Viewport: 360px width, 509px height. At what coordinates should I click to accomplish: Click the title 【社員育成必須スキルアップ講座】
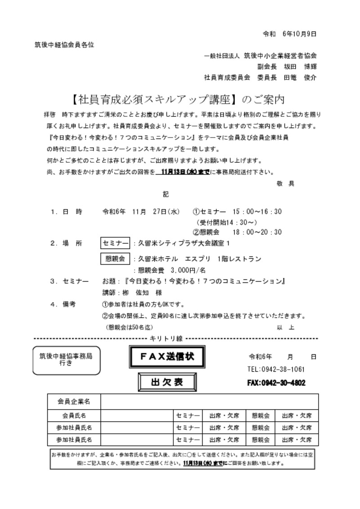155,99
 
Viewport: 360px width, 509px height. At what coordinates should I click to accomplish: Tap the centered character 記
166,195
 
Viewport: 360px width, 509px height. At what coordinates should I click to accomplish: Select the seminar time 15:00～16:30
257,211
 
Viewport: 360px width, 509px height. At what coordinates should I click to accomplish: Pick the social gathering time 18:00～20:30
257,232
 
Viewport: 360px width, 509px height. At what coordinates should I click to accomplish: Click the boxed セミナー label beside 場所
115,243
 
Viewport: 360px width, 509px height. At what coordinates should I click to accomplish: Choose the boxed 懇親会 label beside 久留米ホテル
115,259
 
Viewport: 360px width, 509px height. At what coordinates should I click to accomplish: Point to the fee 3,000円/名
188,270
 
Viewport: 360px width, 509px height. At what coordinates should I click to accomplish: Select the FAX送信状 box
167,357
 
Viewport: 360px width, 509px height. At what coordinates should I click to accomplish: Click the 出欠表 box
167,382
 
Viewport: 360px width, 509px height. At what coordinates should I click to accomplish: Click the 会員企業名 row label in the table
74,401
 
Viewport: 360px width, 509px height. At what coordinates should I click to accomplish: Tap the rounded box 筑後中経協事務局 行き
67,360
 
